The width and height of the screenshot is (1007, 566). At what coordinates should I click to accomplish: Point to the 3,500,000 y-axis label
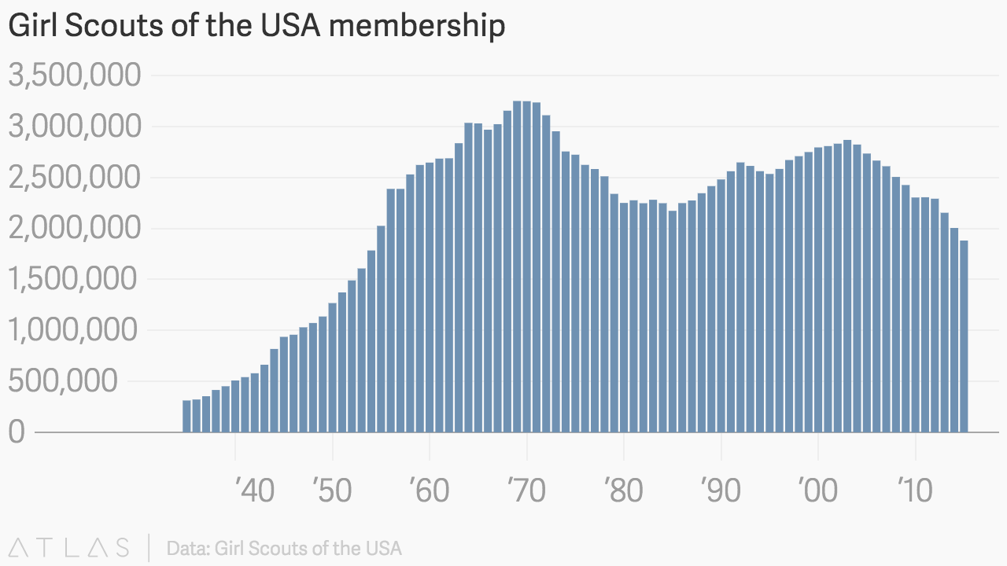[x=75, y=76]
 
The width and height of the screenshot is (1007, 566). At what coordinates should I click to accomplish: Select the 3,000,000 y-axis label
[x=75, y=127]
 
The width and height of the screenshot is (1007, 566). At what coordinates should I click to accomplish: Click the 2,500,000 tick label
[x=75, y=178]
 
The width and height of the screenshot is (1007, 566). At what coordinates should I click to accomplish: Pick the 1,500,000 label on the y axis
[x=75, y=280]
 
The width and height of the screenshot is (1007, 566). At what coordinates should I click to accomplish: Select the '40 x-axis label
[x=254, y=491]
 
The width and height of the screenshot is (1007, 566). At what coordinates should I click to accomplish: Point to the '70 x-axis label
[x=527, y=491]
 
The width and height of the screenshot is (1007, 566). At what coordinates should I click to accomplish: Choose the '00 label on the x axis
[x=818, y=491]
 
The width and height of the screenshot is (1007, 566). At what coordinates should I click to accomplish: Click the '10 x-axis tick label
[x=915, y=491]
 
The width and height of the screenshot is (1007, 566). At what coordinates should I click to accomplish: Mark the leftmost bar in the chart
[x=187, y=417]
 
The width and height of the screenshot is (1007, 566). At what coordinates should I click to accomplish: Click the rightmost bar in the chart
[x=964, y=336]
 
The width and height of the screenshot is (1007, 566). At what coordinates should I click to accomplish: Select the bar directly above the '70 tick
[x=527, y=267]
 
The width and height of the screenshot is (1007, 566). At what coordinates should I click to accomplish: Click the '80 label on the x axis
[x=624, y=491]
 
